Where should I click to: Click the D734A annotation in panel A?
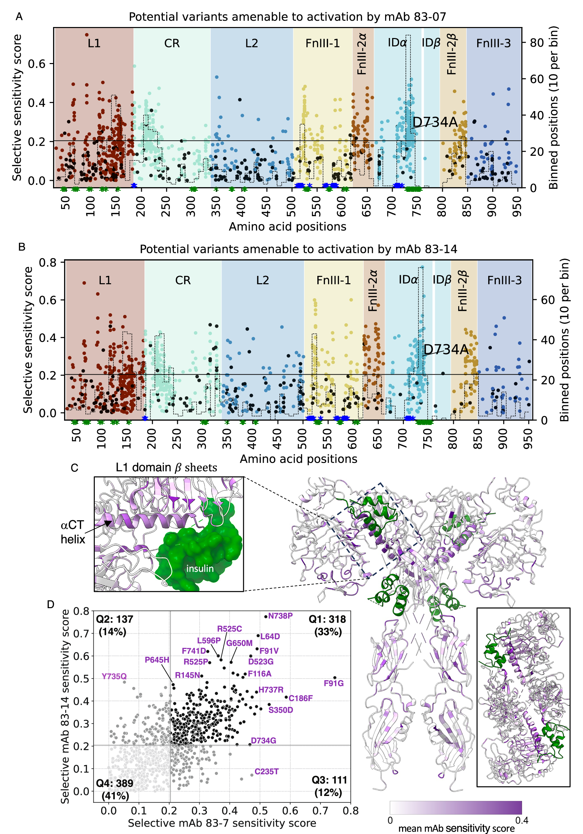[x=435, y=122]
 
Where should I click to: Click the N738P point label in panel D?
[x=280, y=616]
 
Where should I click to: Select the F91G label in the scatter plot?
[x=333, y=683]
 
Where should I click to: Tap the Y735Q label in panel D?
[x=114, y=676]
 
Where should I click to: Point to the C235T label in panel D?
[x=266, y=771]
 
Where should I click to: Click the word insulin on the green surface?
[x=200, y=568]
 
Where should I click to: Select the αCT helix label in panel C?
[x=72, y=532]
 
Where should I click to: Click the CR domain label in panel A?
[x=172, y=43]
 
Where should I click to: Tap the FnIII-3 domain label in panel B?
[x=504, y=280]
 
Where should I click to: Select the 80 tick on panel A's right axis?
[x=537, y=43]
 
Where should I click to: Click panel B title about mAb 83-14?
[x=298, y=249]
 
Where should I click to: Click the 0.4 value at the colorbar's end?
[x=522, y=820]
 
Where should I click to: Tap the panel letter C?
[x=74, y=468]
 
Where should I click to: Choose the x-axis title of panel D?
[x=222, y=823]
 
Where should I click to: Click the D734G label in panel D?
[x=263, y=740]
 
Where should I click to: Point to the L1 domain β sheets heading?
[x=166, y=467]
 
